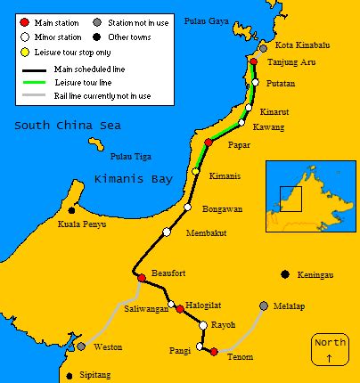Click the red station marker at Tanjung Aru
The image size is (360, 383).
pos(254,62)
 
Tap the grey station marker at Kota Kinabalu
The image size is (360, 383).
pos(262,46)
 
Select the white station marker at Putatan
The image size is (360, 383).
pos(255,83)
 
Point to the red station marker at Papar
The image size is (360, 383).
pos(209,143)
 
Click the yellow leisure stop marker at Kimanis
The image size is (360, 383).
pos(195,171)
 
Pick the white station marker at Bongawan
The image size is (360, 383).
pos(187,208)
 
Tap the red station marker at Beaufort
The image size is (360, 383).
pos(141,279)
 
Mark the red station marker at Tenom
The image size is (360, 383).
pos(214,352)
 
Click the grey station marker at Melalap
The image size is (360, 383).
pos(263,306)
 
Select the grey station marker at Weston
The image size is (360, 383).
pos(81,346)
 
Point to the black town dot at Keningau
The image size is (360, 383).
pos(284,274)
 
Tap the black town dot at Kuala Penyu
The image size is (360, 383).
pos(71,210)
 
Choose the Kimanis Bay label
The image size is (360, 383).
pos(133,179)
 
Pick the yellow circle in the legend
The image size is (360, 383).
pos(25,52)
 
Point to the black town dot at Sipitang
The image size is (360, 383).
pos(70,376)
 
